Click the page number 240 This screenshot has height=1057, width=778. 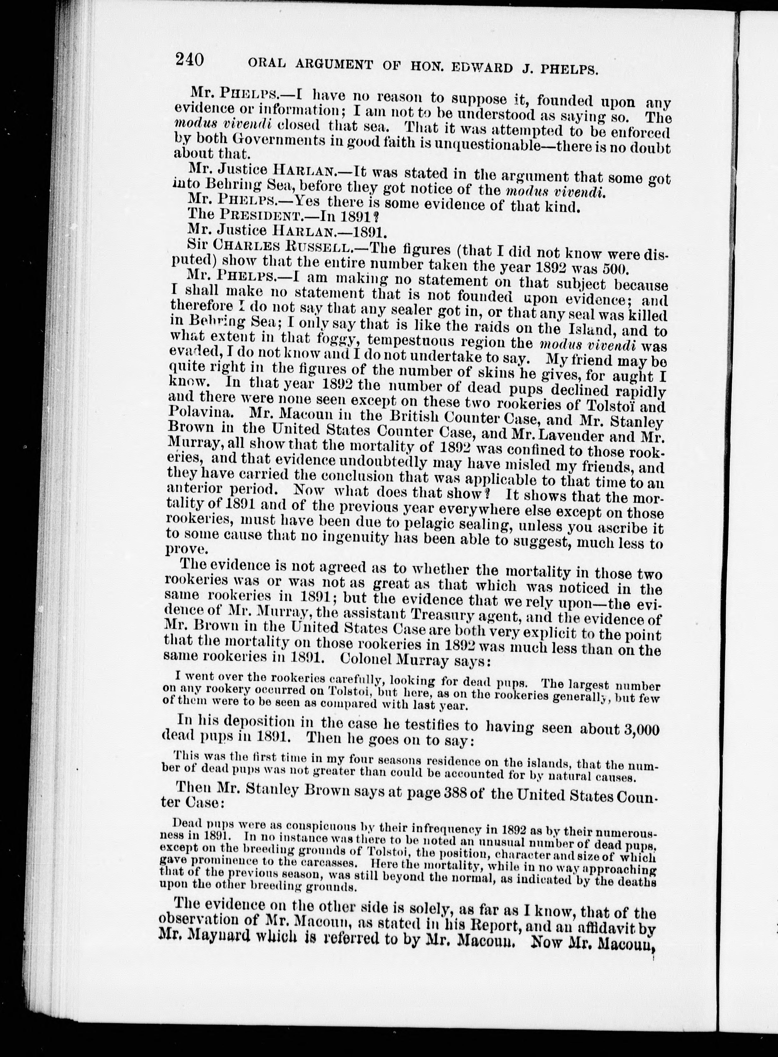pos(189,60)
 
